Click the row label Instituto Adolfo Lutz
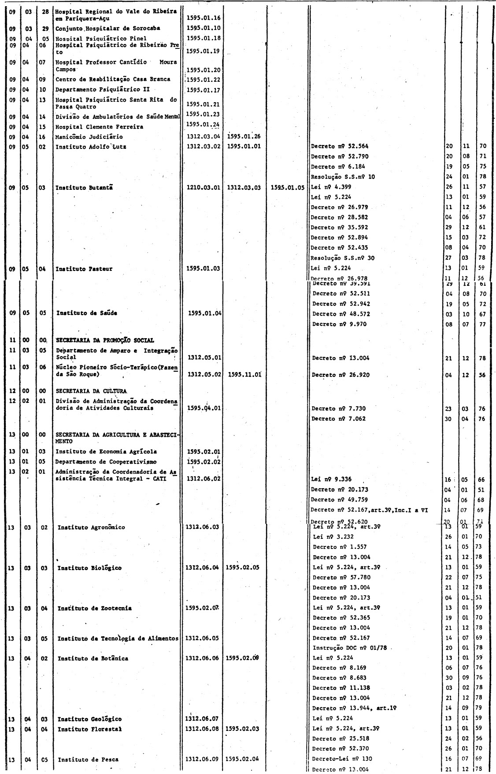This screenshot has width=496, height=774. [x=91, y=147]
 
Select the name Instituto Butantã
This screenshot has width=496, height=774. [x=84, y=188]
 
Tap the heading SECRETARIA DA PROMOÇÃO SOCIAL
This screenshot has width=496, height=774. [x=105, y=340]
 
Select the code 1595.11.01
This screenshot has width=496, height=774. [x=245, y=375]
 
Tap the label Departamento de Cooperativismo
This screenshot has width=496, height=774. [x=106, y=462]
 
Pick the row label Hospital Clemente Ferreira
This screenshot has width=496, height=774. [x=99, y=127]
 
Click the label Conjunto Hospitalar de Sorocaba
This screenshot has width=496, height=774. [x=107, y=28]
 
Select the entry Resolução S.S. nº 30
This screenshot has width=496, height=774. [x=342, y=258]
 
